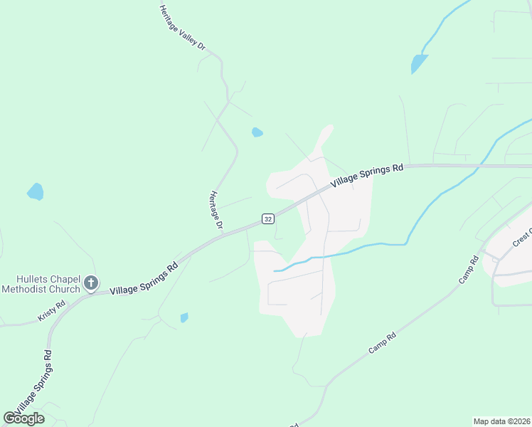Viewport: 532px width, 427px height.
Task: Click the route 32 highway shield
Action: tap(267, 218)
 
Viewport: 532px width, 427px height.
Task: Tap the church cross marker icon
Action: tap(91, 283)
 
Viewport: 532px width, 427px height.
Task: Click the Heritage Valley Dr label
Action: tap(183, 28)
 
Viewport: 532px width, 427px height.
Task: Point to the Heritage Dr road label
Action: tap(217, 211)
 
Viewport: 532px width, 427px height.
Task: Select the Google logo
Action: tap(24, 418)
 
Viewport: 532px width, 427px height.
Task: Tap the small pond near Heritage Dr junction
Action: tap(257, 132)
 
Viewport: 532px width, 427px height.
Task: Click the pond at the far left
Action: tap(35, 191)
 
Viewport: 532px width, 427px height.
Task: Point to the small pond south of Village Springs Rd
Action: tap(184, 317)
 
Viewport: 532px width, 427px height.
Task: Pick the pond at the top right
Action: tap(419, 64)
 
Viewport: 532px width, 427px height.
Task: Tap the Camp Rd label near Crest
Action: tap(467, 270)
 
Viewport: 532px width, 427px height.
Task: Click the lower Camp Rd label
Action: tap(381, 344)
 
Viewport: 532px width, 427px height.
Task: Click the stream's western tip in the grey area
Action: tap(275, 270)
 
